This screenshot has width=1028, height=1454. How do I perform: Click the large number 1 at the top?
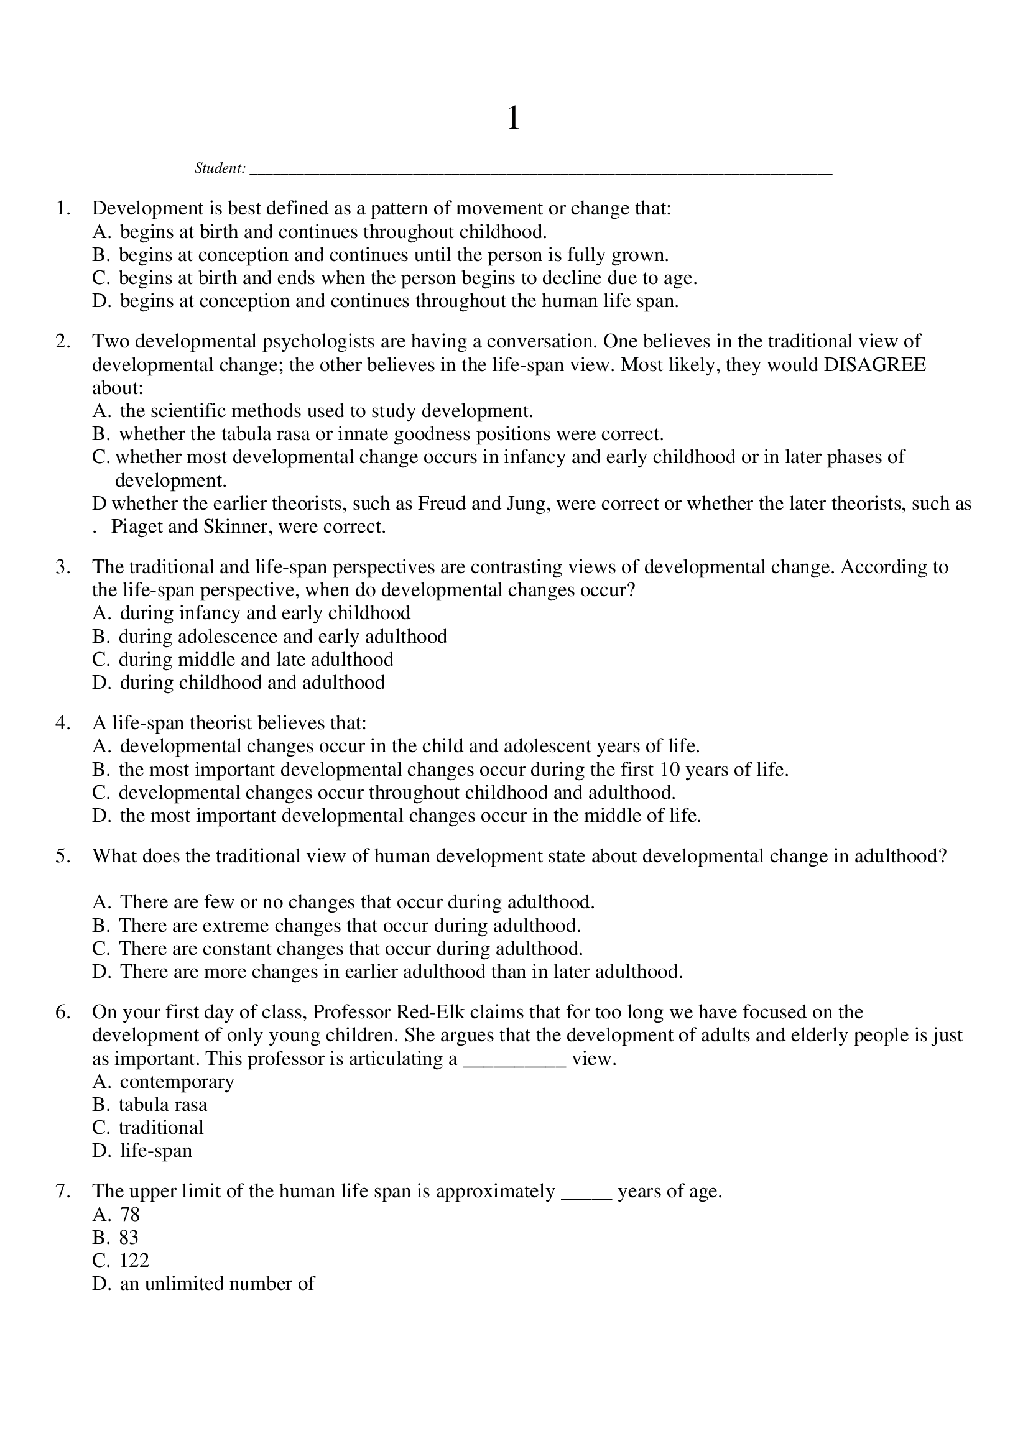coord(513,119)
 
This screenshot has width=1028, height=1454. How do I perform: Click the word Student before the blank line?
coord(219,168)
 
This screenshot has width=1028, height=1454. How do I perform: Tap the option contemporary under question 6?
coord(177,1081)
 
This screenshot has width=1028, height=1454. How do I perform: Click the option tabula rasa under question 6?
coord(163,1105)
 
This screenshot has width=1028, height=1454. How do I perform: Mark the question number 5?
coord(62,856)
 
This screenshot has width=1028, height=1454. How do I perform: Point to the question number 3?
coord(62,567)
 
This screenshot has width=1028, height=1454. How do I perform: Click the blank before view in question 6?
coord(514,1059)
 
